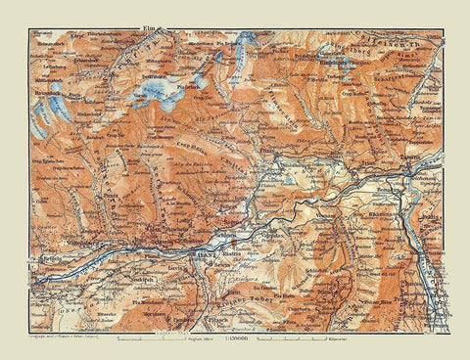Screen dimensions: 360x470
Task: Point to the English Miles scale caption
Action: coord(194,337)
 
